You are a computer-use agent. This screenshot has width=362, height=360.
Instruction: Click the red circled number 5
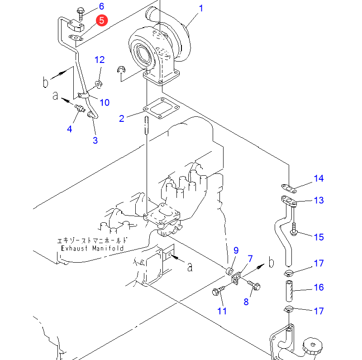102,20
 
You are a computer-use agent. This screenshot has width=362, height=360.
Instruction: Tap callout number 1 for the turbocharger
201,8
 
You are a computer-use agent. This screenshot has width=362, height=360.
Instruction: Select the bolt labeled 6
81,14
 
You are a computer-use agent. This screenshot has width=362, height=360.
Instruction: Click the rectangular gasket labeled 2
162,108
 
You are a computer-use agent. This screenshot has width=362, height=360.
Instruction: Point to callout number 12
100,60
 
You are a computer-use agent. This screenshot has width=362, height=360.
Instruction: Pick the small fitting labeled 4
80,108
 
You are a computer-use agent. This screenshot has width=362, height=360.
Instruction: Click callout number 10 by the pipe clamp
105,102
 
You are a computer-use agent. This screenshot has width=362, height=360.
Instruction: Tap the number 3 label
95,140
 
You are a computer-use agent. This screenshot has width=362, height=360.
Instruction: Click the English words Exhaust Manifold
92,248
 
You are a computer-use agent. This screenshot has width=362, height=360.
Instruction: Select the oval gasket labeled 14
289,188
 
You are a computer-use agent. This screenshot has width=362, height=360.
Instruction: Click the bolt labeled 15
294,229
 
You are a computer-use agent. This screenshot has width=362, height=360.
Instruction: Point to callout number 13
319,200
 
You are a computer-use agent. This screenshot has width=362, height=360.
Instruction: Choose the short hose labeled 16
289,291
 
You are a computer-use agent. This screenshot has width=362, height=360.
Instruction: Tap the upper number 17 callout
319,263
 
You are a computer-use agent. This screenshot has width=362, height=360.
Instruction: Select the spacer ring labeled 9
229,271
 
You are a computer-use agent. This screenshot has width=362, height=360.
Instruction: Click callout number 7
250,259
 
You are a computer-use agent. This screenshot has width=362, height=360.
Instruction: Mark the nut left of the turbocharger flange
121,69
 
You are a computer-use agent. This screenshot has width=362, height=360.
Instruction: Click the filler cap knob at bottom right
312,346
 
